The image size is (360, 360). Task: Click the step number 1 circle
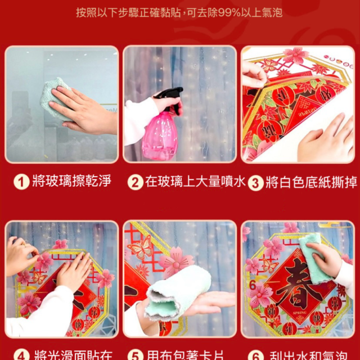[21, 182]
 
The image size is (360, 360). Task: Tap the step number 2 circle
[135, 182]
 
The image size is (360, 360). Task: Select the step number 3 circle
[256, 182]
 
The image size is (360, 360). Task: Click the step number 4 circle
[21, 355]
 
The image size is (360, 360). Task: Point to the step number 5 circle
[135, 355]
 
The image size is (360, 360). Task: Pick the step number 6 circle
[256, 355]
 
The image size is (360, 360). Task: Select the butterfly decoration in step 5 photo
[139, 247]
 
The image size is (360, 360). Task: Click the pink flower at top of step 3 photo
[295, 55]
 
